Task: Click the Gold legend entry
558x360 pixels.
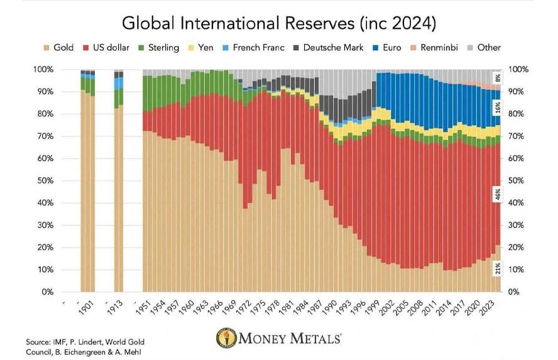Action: [58, 47]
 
